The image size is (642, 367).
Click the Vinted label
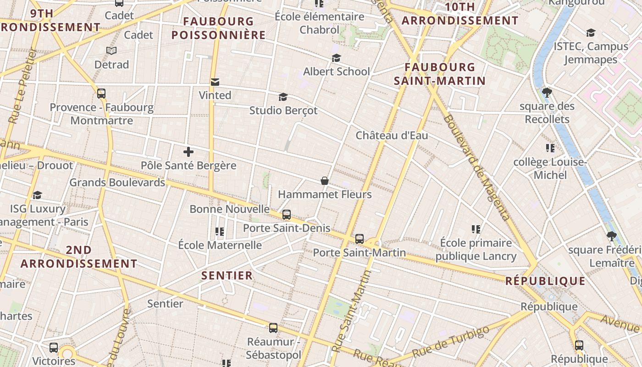pyautogui.click(x=215, y=95)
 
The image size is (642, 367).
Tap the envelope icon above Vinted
pyautogui.click(x=215, y=82)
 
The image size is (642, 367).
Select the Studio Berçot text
pyautogui.click(x=283, y=111)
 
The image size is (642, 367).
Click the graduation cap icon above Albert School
pyautogui.click(x=336, y=58)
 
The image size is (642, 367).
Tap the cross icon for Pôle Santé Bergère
pyautogui.click(x=188, y=152)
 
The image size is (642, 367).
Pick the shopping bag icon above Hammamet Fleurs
pyautogui.click(x=324, y=181)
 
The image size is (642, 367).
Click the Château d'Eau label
pyautogui.click(x=392, y=135)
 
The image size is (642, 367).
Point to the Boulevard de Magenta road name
pyautogui.click(x=476, y=167)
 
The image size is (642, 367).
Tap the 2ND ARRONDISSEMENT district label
pyautogui.click(x=79, y=257)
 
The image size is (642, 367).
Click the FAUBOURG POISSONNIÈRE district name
pyautogui.click(x=219, y=28)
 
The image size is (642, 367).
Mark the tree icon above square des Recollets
pyautogui.click(x=547, y=92)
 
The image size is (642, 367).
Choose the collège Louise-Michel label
pyautogui.click(x=550, y=168)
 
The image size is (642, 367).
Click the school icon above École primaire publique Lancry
pyautogui.click(x=476, y=229)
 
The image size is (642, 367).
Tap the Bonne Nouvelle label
pyautogui.click(x=230, y=209)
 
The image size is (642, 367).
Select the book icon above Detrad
pyautogui.click(x=111, y=50)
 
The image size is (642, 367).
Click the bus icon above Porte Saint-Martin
pyautogui.click(x=360, y=239)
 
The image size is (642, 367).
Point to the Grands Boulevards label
pyautogui.click(x=117, y=182)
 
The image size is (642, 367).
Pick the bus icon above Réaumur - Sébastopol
pyautogui.click(x=273, y=328)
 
